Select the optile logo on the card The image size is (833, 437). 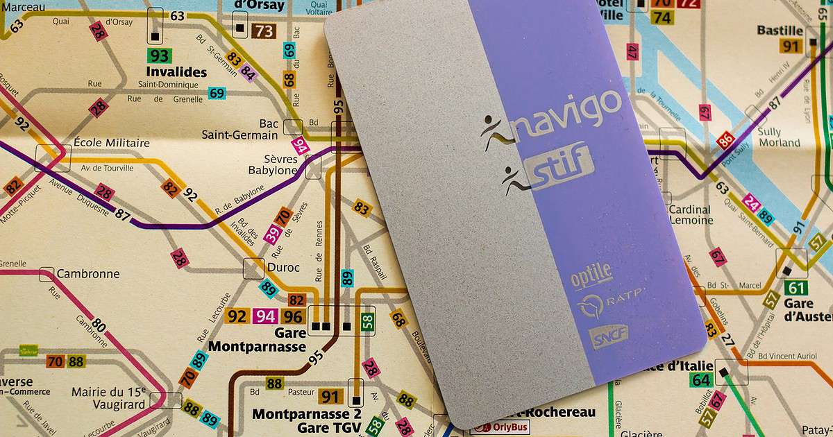pyautogui.click(x=591, y=274)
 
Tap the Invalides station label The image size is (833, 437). pyautogui.click(x=176, y=72)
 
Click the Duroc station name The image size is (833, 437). pyautogui.click(x=283, y=267)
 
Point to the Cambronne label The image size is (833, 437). pyautogui.click(x=88, y=274)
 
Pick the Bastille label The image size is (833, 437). pyautogui.click(x=780, y=31)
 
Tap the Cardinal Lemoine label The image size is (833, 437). pyautogui.click(x=690, y=215)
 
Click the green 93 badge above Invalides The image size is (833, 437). pyautogui.click(x=159, y=55)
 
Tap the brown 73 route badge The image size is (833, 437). pyautogui.click(x=264, y=31)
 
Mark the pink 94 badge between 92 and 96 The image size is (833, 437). pyautogui.click(x=265, y=316)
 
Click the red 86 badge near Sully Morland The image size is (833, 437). pyautogui.click(x=726, y=141)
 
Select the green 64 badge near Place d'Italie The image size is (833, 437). pyautogui.click(x=701, y=380)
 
